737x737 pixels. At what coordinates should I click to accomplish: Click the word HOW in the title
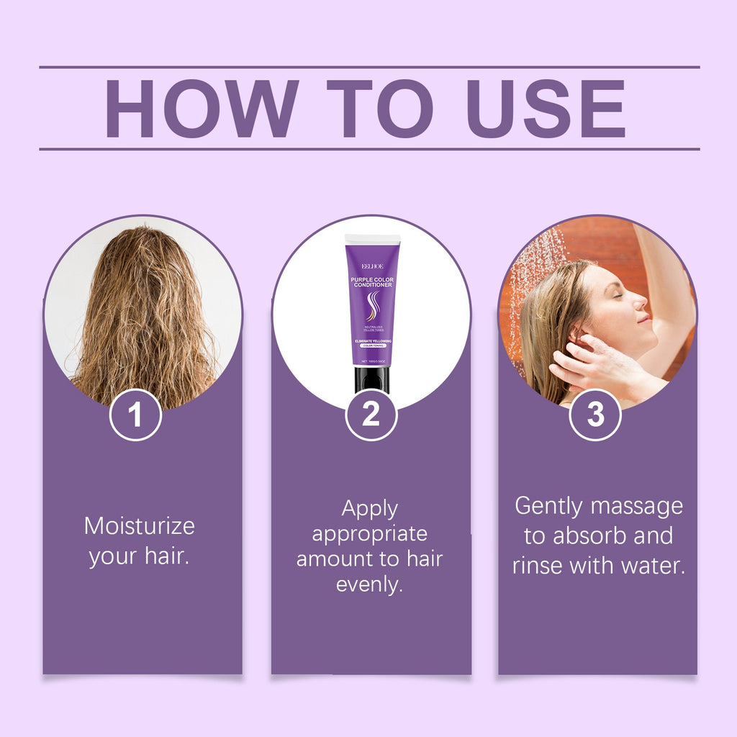(x=202, y=109)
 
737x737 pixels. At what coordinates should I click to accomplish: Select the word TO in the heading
(x=379, y=109)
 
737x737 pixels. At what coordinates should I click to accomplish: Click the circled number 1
(x=135, y=415)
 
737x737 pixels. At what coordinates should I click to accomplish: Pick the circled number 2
(x=371, y=415)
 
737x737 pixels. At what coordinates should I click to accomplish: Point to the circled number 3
(x=595, y=415)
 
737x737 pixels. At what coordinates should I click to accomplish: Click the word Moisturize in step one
(x=139, y=525)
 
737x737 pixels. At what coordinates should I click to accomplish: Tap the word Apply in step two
(x=370, y=509)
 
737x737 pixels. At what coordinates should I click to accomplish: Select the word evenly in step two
(x=369, y=584)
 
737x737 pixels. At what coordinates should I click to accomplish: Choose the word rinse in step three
(x=538, y=566)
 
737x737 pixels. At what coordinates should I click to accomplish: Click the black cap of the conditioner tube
(x=371, y=379)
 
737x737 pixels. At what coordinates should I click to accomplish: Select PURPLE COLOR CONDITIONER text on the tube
(x=371, y=281)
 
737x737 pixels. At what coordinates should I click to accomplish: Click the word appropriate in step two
(x=369, y=534)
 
